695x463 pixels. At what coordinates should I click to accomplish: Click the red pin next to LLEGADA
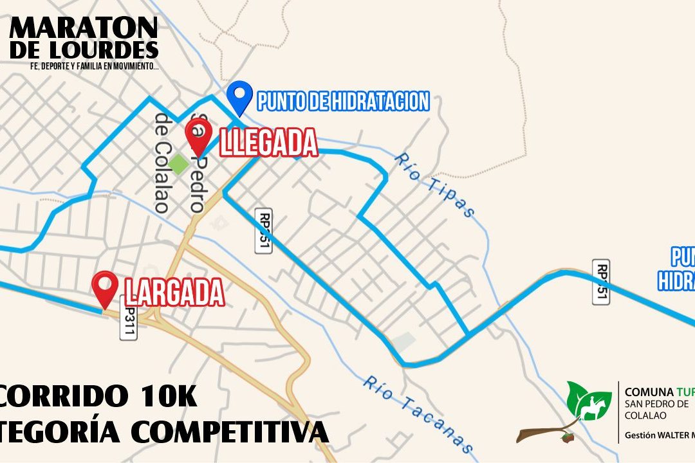coord(198,135)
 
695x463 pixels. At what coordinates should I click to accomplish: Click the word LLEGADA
coord(269,143)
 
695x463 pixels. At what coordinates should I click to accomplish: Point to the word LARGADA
coord(174,293)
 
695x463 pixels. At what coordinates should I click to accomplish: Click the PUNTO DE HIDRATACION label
coord(343,101)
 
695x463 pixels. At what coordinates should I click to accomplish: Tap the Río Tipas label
coord(435,185)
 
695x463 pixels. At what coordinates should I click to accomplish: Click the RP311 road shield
coord(128,318)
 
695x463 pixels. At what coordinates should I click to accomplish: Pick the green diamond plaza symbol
coord(178,164)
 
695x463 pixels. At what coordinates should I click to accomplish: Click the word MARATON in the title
coord(84,28)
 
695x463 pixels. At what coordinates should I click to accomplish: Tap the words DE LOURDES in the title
coord(84,50)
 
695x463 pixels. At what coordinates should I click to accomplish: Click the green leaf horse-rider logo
coord(589,400)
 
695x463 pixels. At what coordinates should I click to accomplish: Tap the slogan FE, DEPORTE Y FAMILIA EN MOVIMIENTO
coord(94,66)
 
